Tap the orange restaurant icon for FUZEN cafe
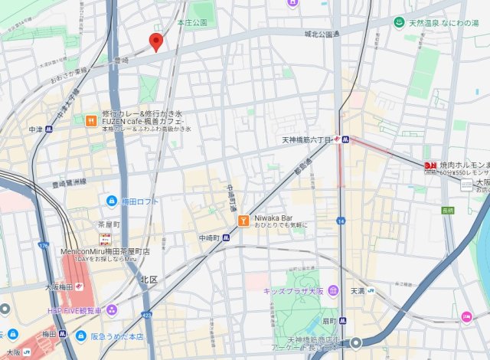pyautogui.click(x=91, y=119)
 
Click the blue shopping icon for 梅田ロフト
pyautogui.click(x=112, y=201)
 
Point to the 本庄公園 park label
pyautogui.click(x=191, y=23)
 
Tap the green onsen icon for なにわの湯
pyautogui.click(x=398, y=24)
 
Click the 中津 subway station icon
pyautogui.click(x=48, y=129)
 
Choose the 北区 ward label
pyautogui.click(x=149, y=280)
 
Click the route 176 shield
pyautogui.click(x=42, y=246)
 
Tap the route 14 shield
pyautogui.click(x=341, y=221)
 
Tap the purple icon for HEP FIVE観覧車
pyautogui.click(x=112, y=309)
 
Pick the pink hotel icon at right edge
pyautogui.click(x=466, y=316)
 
